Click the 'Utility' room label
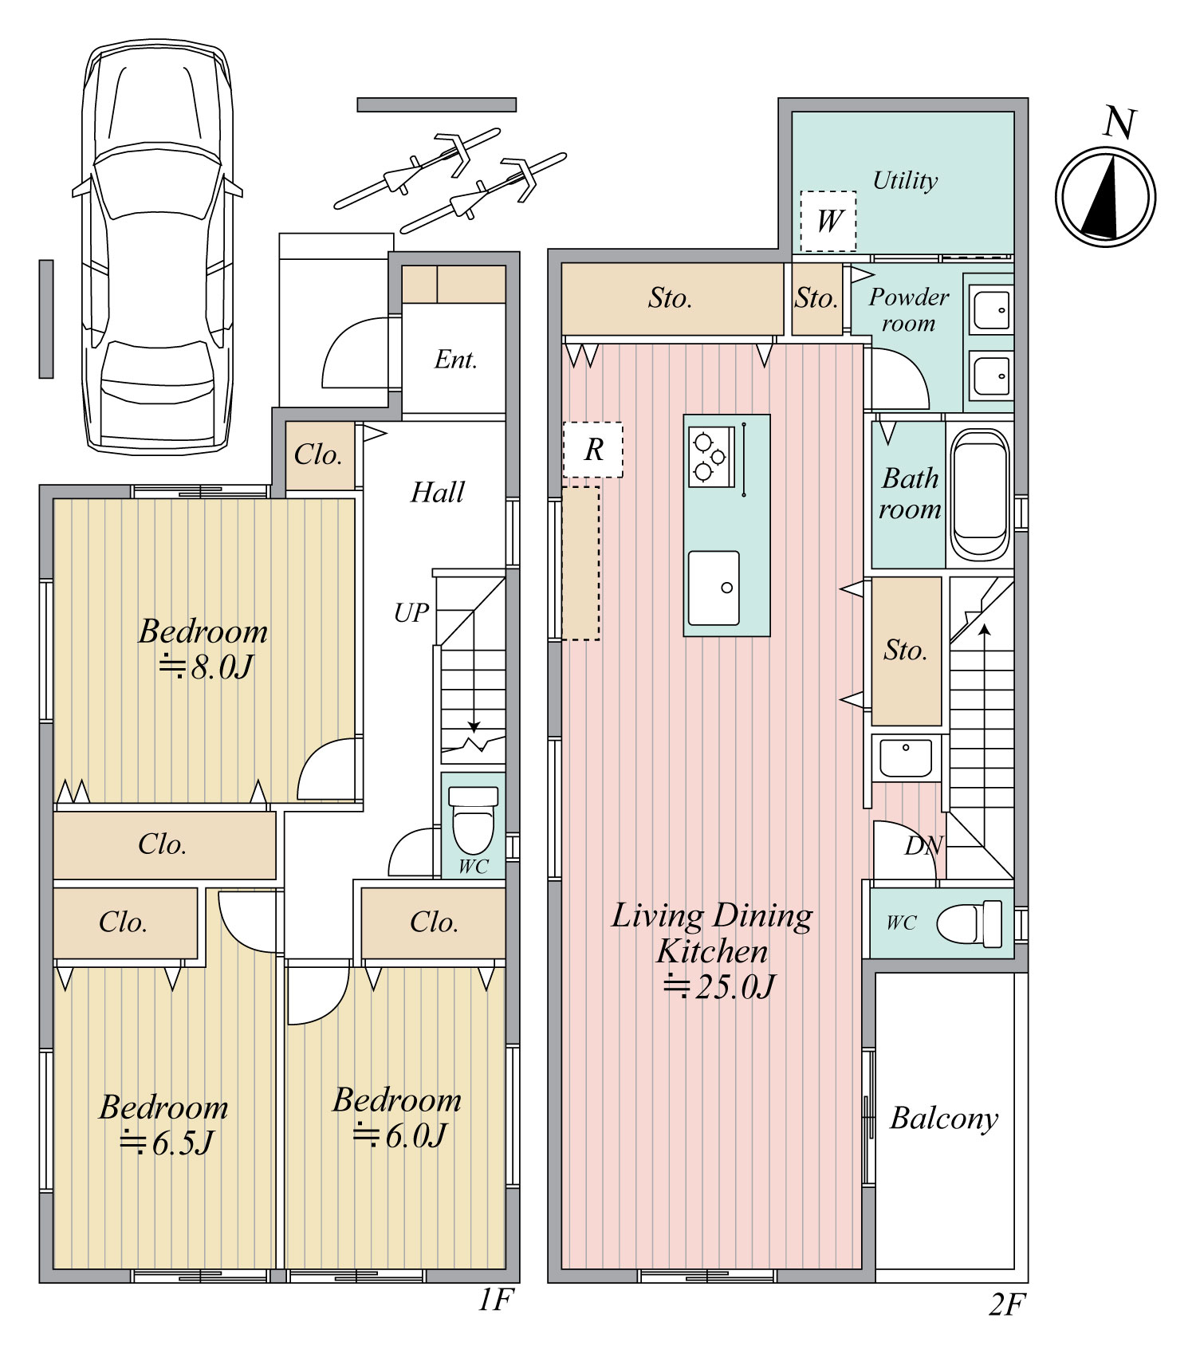pos(905,181)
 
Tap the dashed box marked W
pos(828,221)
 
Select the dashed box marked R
pos(592,450)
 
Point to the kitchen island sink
pos(714,588)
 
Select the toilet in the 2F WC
pos(970,923)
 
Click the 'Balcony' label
pos(944,1119)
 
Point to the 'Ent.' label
pos(455,360)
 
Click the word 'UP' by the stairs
pos(411,612)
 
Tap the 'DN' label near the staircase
pos(923,846)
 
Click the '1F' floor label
pos(494,1300)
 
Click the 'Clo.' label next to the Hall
pos(317,455)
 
